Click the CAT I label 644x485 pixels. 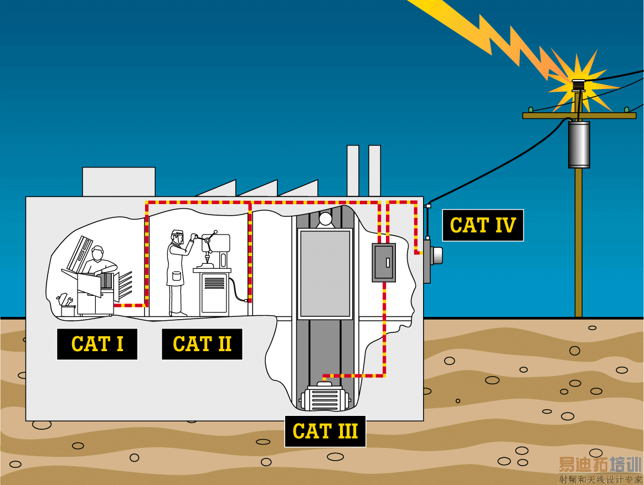coord(97,344)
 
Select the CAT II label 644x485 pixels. coord(202,344)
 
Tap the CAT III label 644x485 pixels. coord(325,431)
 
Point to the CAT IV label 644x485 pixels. coord(483,225)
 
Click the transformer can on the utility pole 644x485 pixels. coord(579,144)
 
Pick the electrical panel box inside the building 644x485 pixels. coord(383,263)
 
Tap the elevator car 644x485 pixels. coord(324,274)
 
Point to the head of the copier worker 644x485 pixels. coord(98,253)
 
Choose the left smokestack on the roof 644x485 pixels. coord(353,170)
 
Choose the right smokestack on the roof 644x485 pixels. coord(374,170)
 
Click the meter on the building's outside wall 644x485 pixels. coord(434,255)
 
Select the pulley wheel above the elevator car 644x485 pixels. coord(324,220)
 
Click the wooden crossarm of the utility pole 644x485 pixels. coord(579,116)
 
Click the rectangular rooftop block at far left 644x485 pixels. coord(119,181)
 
